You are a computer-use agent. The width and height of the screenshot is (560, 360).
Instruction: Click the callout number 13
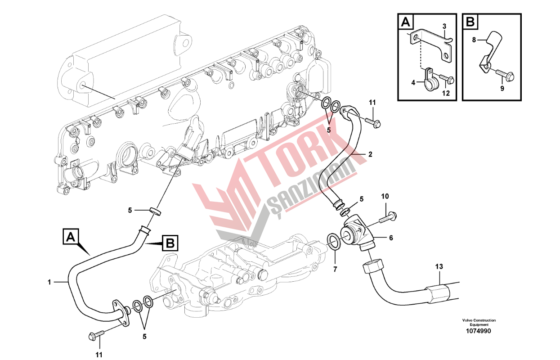click(x=439, y=267)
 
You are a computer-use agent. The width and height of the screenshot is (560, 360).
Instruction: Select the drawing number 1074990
click(x=479, y=331)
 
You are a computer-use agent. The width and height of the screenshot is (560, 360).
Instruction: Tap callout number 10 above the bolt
click(x=385, y=197)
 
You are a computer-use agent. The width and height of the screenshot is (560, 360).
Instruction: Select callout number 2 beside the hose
click(x=370, y=154)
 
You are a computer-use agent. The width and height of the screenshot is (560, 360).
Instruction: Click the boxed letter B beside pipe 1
click(x=170, y=243)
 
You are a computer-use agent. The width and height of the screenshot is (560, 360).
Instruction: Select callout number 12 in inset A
click(x=445, y=93)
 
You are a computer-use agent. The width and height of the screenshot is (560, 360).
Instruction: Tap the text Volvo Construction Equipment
click(x=479, y=322)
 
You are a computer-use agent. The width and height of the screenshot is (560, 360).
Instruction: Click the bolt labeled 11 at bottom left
click(x=97, y=335)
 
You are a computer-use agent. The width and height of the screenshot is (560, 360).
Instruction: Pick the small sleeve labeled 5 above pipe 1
click(x=155, y=211)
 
